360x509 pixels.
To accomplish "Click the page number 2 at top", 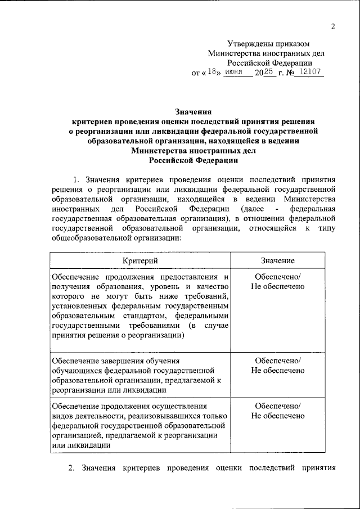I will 333,26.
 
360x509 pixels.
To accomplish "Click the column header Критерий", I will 140,261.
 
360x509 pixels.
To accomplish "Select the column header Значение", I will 278,261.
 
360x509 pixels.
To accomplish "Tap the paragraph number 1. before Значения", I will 78,179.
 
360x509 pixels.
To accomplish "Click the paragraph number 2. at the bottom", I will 71,468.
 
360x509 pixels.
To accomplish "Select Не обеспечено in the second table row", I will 278,370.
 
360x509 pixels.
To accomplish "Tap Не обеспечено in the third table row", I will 278,416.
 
